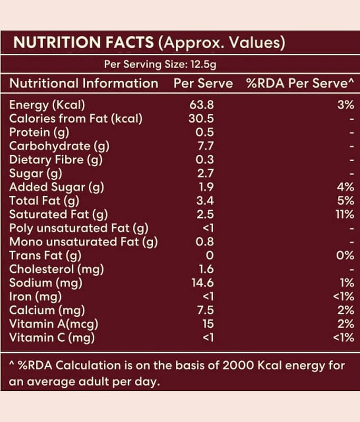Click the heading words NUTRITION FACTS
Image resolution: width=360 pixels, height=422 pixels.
pos(84,42)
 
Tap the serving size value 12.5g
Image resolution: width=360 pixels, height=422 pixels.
pos(203,64)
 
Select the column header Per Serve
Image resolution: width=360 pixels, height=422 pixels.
pos(203,83)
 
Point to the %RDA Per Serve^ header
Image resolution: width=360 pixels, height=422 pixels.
pos(300,83)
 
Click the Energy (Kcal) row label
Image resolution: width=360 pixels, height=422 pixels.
pos(47,105)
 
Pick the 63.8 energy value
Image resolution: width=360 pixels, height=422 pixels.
pos(202,104)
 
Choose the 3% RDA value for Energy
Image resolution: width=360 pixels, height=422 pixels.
pos(346,104)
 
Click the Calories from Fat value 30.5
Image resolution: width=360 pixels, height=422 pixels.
pos(201,118)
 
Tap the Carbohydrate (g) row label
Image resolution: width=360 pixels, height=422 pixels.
pos(59,146)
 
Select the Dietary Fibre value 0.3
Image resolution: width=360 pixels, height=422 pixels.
pos(205,160)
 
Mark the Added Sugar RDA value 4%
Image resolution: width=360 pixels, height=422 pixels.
pos(346,187)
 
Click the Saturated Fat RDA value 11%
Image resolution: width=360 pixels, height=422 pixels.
pos(345,214)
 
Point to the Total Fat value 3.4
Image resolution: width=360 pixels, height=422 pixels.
pos(205,200)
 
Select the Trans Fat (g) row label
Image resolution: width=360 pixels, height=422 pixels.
pos(45,256)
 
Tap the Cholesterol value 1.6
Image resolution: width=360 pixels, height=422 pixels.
pos(207,269)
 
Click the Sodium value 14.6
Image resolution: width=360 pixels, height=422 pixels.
pos(203,283)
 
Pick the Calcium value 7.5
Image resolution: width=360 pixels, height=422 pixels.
pos(206,310)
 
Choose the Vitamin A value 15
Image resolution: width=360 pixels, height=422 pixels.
pos(208,324)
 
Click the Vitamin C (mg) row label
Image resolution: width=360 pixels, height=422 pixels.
pos(52,338)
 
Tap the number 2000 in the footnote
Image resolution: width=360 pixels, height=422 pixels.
pos(238,366)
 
